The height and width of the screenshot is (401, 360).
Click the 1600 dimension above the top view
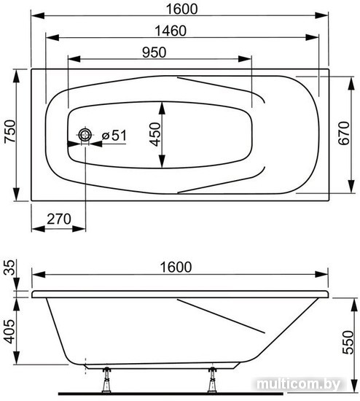[x=181, y=9]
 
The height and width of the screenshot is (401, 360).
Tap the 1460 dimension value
[x=171, y=31]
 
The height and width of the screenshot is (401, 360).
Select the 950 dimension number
[x=154, y=52]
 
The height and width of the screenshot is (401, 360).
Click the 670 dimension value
[x=344, y=133]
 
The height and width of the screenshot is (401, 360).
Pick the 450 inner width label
[x=155, y=135]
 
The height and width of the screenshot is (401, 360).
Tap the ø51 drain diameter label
[x=114, y=135]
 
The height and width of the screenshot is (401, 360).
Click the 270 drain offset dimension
[x=59, y=219]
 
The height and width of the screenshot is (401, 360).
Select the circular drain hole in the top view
[x=85, y=135]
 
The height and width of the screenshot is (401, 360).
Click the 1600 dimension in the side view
[x=176, y=267]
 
